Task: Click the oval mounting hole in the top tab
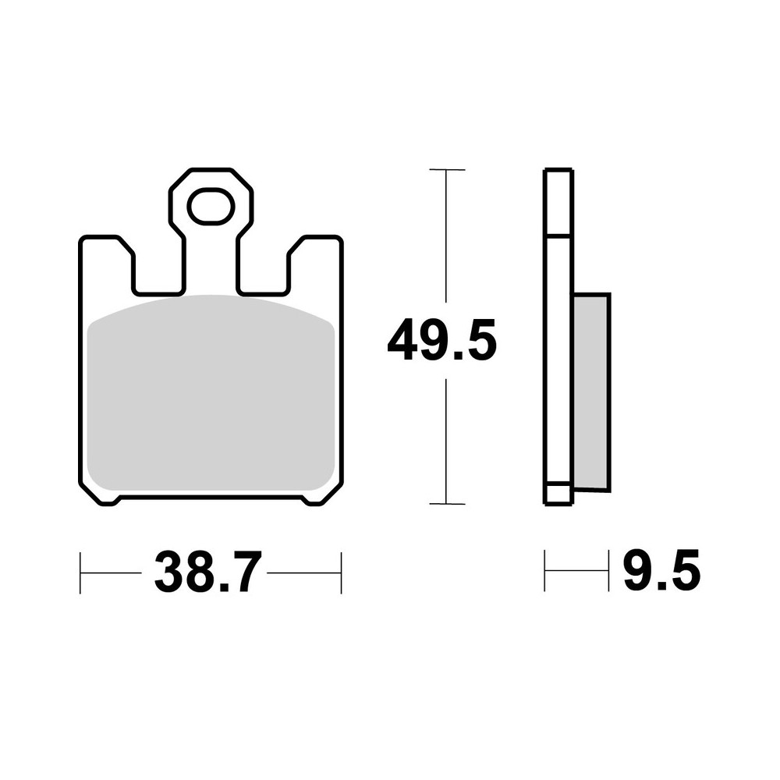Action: click(x=210, y=207)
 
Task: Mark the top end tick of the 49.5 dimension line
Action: click(x=446, y=169)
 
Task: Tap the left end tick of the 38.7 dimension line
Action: click(x=81, y=573)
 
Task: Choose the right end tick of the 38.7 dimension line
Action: click(x=342, y=573)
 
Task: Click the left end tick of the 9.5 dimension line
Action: click(x=545, y=570)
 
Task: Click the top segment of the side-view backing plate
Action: click(x=558, y=201)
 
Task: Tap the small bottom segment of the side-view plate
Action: click(x=557, y=495)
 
